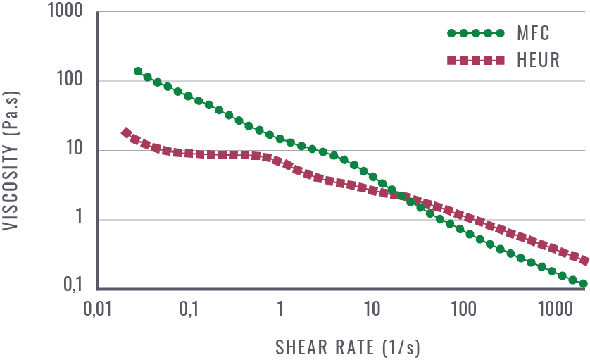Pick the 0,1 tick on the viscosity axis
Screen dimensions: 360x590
(75, 286)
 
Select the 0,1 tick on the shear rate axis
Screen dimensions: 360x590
(189, 308)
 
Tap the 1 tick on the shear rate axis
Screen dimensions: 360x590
(280, 308)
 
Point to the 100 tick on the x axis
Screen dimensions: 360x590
(463, 308)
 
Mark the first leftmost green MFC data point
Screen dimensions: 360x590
(138, 71)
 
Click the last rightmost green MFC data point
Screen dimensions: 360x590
(583, 283)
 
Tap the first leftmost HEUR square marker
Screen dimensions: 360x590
(127, 132)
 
